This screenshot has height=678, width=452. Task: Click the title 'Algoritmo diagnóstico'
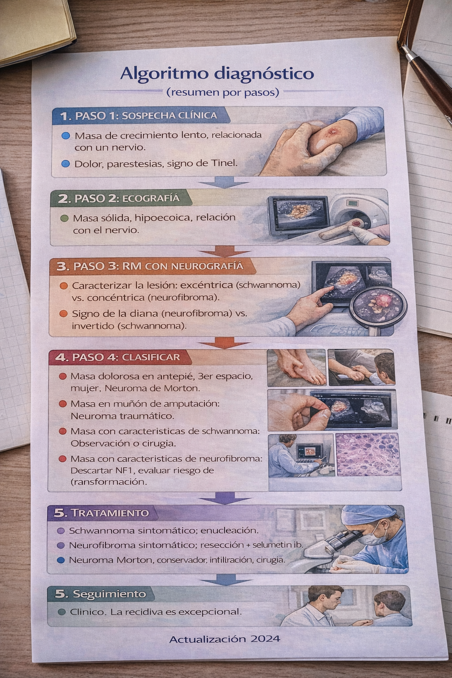point(217,73)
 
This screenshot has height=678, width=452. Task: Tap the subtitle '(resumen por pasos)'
point(222,92)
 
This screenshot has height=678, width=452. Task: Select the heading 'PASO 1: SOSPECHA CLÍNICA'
point(145,116)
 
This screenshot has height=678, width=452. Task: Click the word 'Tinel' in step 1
point(224,163)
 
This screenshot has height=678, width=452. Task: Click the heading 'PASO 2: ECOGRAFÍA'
point(126,198)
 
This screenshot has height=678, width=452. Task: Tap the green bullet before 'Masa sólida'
point(64,218)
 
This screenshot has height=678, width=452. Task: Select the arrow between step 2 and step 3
point(224,252)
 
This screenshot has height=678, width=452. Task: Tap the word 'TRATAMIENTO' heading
point(109,513)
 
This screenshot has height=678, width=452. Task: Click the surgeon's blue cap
point(367,514)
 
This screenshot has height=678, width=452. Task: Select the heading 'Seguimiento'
point(109,594)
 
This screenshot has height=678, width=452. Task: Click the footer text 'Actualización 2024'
point(224,639)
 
